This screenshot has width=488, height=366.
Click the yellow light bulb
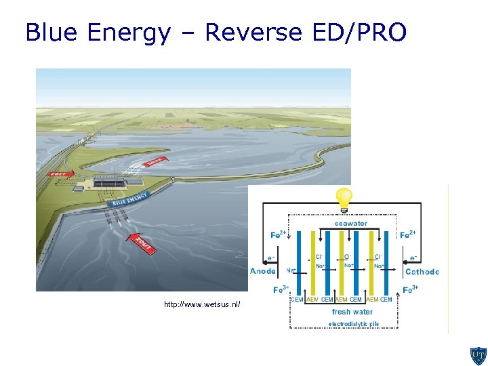click(344, 198)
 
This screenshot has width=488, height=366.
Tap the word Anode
click(263, 272)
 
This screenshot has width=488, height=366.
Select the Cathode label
click(422, 272)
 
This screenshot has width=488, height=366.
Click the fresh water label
click(352, 312)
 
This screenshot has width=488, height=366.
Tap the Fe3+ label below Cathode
click(410, 289)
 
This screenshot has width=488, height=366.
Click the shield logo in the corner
click(477, 355)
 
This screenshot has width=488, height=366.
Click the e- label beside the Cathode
click(413, 259)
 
